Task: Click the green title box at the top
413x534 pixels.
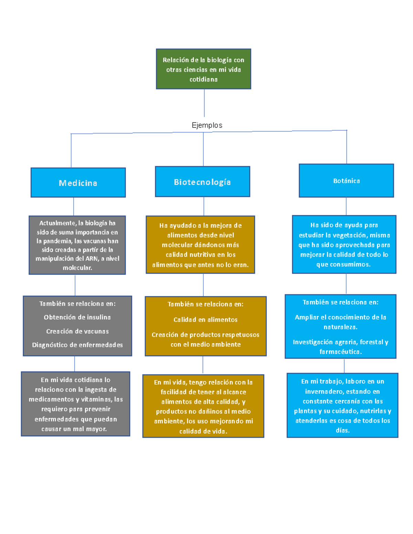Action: point(203,69)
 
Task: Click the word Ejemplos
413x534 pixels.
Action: point(207,125)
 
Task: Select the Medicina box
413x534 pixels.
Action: point(78,183)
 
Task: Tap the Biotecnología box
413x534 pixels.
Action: point(202,182)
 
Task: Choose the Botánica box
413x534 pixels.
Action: point(346,181)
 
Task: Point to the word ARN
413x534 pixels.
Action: point(92,259)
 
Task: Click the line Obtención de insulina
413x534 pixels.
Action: point(77,317)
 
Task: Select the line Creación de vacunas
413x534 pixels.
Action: point(77,331)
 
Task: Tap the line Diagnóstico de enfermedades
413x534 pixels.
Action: point(77,345)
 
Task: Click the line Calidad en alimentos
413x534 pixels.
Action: point(205,319)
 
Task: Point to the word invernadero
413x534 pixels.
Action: point(321,391)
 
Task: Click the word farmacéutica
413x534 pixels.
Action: point(340,351)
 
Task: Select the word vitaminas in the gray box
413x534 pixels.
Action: point(97,399)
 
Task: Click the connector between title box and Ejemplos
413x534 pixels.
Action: point(204,103)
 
